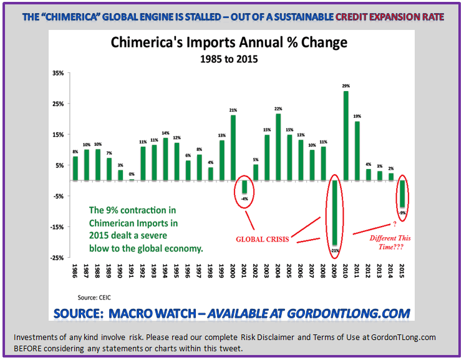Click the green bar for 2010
tap(346, 136)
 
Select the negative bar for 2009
tap(334, 213)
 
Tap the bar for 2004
tap(278, 147)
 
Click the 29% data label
tap(346, 85)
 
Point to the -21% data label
tap(334, 250)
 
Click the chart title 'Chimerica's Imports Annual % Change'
tap(229, 43)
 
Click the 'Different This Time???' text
tap(390, 243)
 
